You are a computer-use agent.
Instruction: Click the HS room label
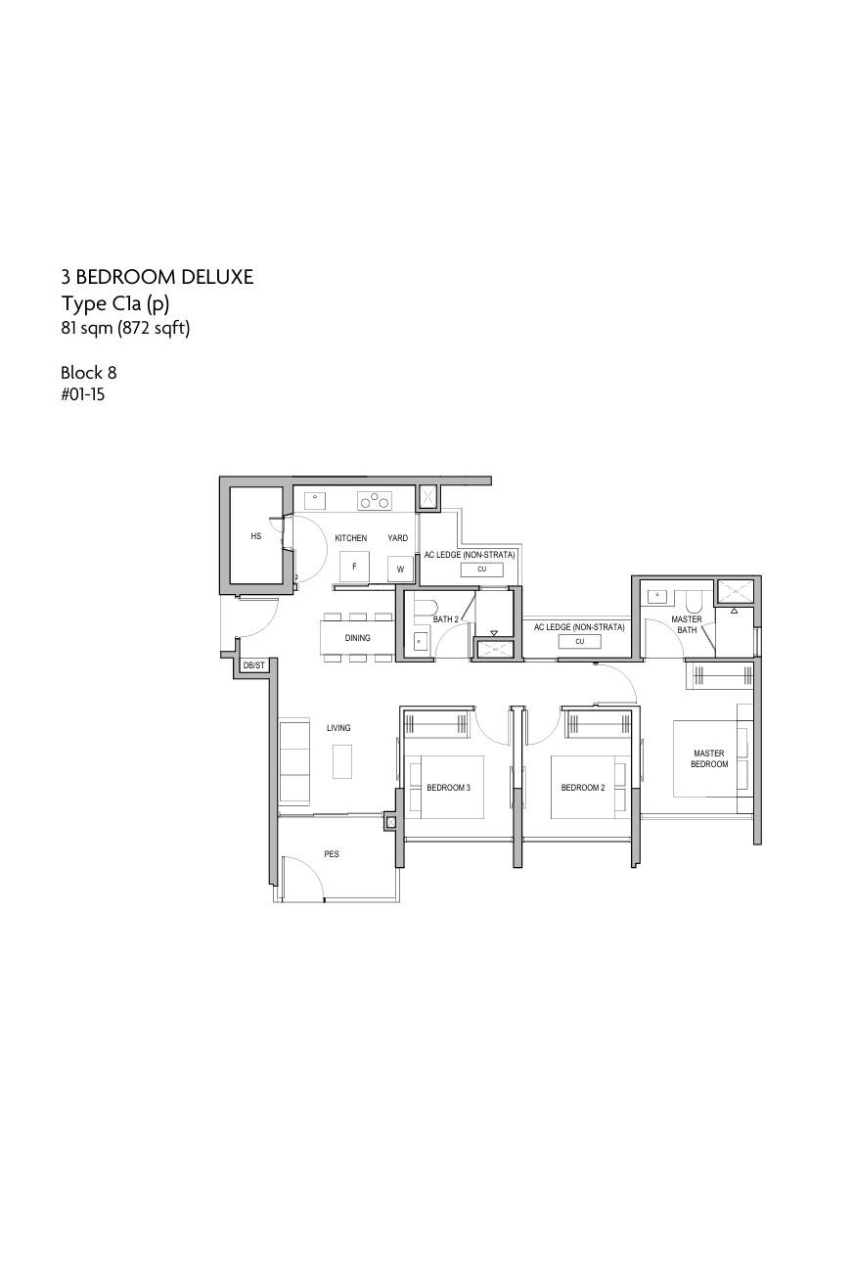256,535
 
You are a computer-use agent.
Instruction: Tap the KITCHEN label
350,537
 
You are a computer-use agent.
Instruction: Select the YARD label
397,537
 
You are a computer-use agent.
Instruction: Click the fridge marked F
354,568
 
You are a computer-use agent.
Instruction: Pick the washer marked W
400,569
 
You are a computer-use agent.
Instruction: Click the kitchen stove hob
375,501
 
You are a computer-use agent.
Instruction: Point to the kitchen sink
314,500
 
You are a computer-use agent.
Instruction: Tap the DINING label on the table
357,637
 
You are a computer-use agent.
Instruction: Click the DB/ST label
253,665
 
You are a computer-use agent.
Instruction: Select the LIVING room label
338,727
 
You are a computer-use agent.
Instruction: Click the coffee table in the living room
342,761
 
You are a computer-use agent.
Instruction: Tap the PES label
332,853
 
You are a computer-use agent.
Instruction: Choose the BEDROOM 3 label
449,788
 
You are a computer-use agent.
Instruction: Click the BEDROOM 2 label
583,788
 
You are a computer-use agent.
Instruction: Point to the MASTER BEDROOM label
709,758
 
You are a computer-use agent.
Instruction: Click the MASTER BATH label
687,624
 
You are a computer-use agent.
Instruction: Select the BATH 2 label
445,619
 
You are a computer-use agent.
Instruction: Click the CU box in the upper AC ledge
482,569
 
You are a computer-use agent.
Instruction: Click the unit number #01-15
83,394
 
